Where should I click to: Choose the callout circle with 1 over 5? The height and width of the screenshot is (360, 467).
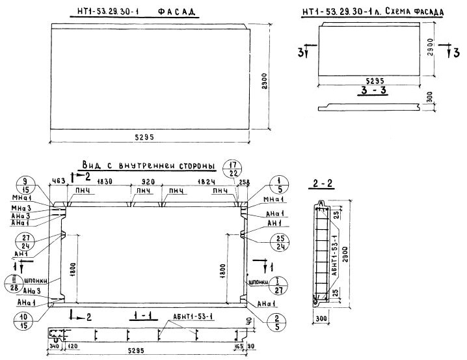(278, 184)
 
